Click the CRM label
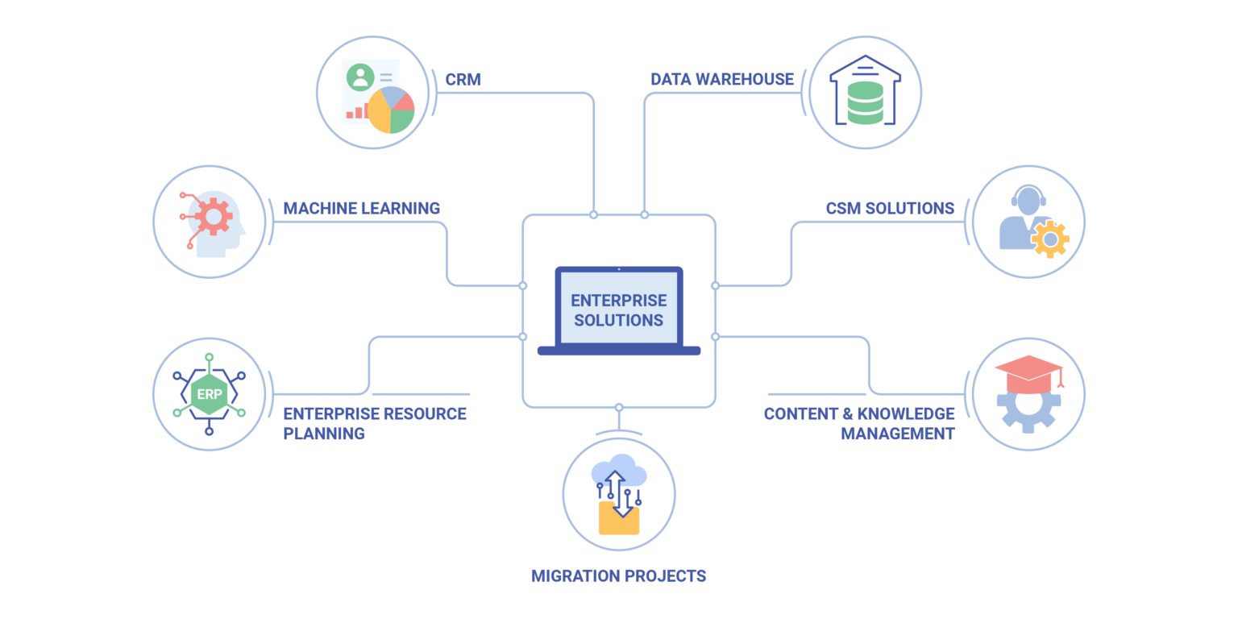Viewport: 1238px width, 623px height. click(x=463, y=79)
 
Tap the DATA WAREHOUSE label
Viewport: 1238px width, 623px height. click(x=722, y=79)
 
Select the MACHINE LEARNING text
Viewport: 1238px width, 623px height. click(x=361, y=208)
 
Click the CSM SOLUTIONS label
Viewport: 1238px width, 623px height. click(x=890, y=208)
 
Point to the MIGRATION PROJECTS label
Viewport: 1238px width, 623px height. click(x=618, y=576)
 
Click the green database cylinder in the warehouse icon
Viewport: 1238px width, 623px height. click(x=865, y=102)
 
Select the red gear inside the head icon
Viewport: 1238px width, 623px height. click(x=214, y=216)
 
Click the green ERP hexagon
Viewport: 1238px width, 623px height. click(x=209, y=394)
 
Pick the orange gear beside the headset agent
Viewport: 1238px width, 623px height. click(x=1050, y=239)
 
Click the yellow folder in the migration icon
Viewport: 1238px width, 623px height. click(x=618, y=519)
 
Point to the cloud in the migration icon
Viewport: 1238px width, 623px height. click(x=617, y=471)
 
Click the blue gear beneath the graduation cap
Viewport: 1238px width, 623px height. click(x=1027, y=409)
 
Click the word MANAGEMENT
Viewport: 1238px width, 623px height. click(x=898, y=434)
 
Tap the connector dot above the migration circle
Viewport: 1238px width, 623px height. click(x=618, y=407)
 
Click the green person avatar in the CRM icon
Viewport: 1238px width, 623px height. click(x=359, y=77)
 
